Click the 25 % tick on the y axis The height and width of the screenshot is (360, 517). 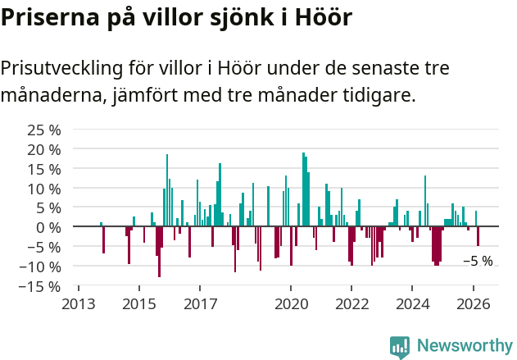(43, 130)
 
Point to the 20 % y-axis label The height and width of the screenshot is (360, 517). (43, 149)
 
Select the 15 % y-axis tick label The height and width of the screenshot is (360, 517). (43, 169)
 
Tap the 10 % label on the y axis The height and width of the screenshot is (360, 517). (43, 189)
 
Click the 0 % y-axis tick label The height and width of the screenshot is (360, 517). (48, 227)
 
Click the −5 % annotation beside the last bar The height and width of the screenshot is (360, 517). (478, 261)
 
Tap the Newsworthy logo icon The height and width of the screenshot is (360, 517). (400, 347)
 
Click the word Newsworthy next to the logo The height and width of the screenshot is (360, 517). (464, 347)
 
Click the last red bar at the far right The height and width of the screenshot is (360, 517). (478, 236)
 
